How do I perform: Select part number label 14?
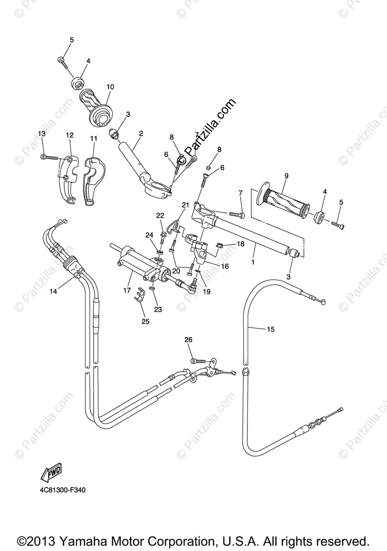point(54,291)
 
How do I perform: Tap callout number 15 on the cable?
point(270,329)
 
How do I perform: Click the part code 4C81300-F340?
point(62,490)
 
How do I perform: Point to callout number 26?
point(189,340)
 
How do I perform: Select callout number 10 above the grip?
point(110,87)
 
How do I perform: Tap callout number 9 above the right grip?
point(286,176)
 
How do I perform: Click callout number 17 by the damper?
point(127,290)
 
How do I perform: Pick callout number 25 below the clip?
point(146,321)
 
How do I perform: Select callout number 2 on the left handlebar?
point(141,134)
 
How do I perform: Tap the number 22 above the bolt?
point(160,215)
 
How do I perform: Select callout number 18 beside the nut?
point(241,244)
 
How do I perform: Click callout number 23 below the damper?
point(157,309)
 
